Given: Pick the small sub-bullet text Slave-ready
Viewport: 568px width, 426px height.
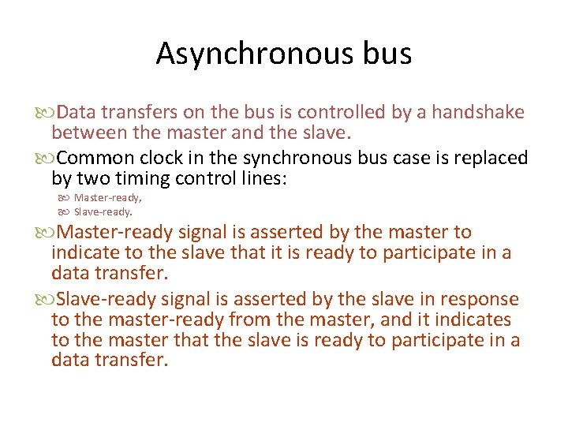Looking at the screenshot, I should click(x=103, y=211).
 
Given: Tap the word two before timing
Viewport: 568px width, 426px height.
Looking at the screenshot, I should click(x=86, y=179).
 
